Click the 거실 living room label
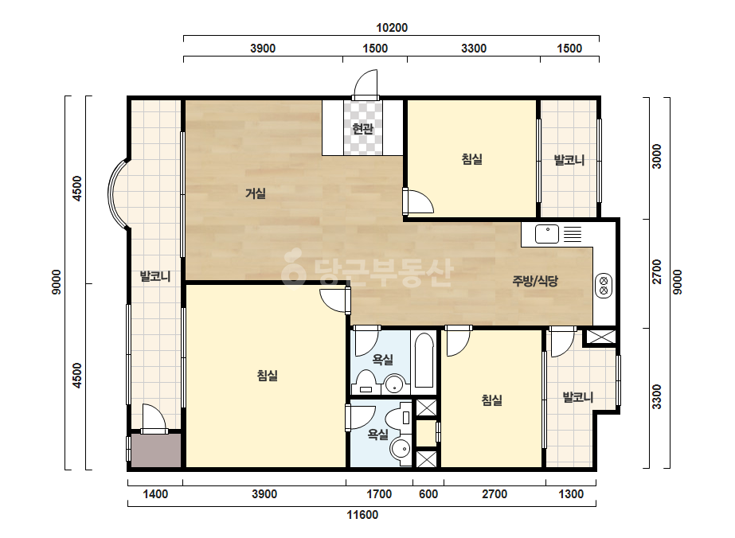(256, 193)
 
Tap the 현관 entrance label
(362, 128)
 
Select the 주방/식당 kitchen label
(535, 281)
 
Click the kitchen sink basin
(547, 234)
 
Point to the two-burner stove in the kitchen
(604, 286)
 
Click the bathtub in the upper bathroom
(424, 360)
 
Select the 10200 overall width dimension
(392, 28)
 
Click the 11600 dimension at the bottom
(362, 515)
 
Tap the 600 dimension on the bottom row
(428, 494)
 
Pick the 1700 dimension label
(379, 494)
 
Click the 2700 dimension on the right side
(657, 272)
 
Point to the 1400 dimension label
(155, 494)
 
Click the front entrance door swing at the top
(366, 84)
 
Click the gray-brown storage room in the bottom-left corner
(155, 450)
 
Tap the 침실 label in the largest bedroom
(268, 376)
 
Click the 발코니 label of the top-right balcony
(569, 160)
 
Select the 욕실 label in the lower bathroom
(377, 435)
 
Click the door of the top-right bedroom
(418, 202)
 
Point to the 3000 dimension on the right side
(657, 156)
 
